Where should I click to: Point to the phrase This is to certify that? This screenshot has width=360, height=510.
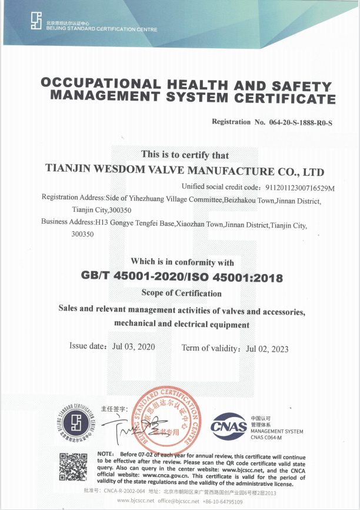[x=185, y=155]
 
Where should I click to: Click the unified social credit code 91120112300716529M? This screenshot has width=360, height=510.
[x=293, y=188]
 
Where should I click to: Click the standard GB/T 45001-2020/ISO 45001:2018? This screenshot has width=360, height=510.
[x=181, y=276]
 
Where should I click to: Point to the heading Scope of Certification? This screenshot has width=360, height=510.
[x=181, y=293]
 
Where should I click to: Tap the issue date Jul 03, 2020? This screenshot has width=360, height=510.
[x=134, y=346]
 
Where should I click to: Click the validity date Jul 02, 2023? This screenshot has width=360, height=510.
[x=267, y=348]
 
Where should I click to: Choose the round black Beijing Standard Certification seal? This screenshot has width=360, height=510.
[x=76, y=422]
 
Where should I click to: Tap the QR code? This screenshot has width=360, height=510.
[x=74, y=467]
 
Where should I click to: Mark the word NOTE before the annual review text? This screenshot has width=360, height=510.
[x=106, y=455]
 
